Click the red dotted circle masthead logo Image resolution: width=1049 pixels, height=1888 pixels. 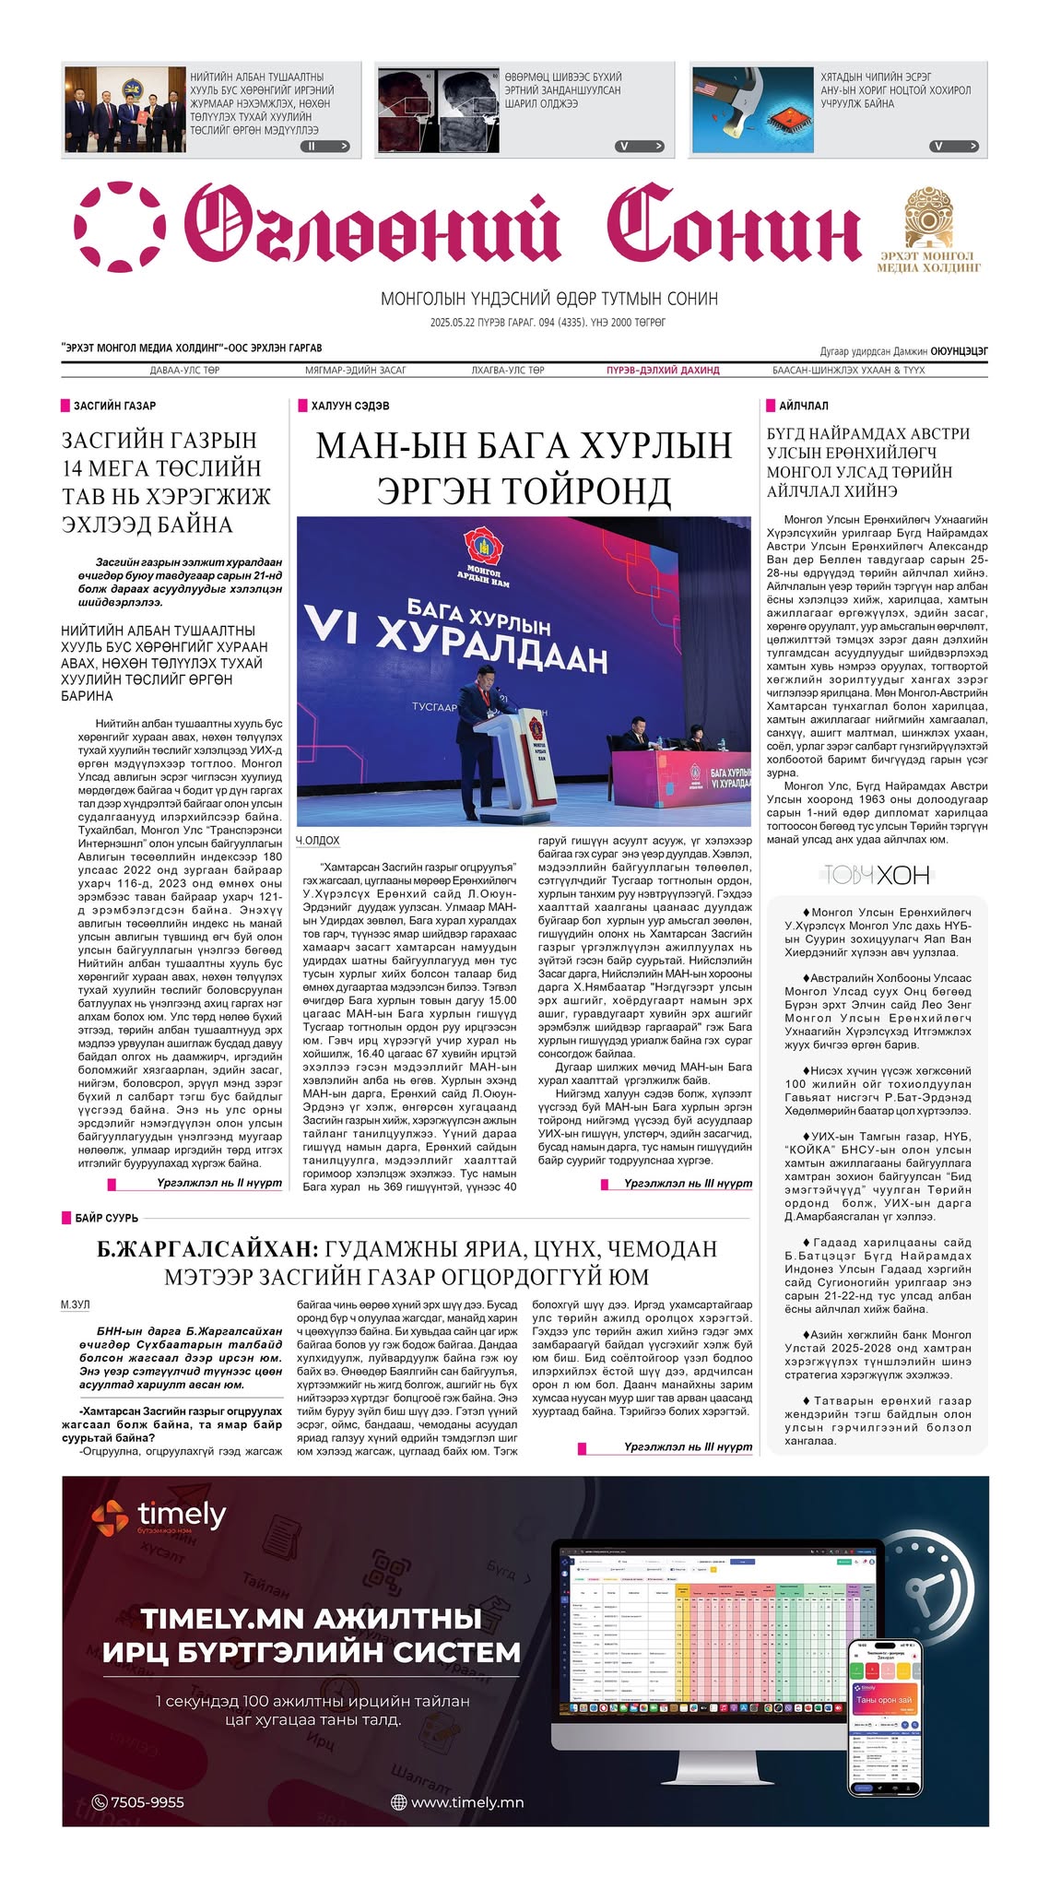coord(120,227)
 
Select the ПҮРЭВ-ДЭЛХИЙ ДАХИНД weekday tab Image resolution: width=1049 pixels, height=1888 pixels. coord(663,371)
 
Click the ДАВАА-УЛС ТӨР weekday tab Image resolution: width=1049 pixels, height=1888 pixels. coord(184,371)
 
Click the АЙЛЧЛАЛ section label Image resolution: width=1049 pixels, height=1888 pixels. coord(803,406)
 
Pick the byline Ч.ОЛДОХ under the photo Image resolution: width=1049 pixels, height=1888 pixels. coord(318,841)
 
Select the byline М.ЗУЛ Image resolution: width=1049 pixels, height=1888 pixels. coord(76,1304)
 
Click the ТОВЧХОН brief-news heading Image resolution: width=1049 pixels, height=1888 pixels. coord(877,875)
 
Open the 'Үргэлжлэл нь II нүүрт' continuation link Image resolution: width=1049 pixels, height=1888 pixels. coord(218,1183)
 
